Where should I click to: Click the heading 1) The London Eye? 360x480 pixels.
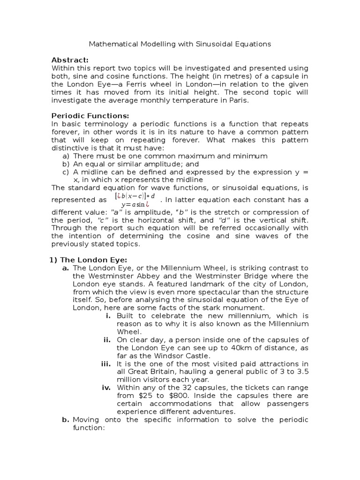[x=89, y=260]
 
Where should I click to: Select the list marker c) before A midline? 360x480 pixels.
[x=66, y=172]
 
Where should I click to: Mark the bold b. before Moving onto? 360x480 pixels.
[x=65, y=420]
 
